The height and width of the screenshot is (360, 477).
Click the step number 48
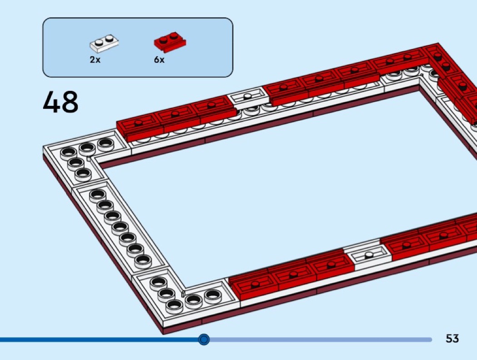(60, 102)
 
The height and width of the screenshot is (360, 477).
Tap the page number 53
(452, 338)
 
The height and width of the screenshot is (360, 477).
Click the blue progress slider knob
(204, 339)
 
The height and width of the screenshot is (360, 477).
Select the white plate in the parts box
(104, 43)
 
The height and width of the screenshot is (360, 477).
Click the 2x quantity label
(95, 59)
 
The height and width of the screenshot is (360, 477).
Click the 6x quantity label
(159, 59)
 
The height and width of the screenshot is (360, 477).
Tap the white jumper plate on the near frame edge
(368, 257)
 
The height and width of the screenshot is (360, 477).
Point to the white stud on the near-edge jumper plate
(369, 255)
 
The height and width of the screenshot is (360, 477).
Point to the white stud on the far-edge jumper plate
(248, 96)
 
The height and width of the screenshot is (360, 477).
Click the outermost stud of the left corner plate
(68, 153)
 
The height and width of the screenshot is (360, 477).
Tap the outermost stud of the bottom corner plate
(174, 305)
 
